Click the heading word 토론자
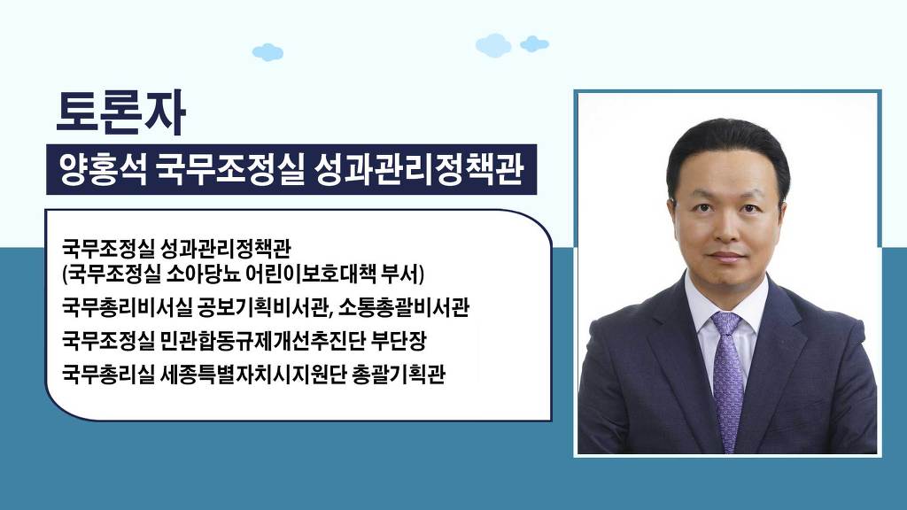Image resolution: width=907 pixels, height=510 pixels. (120, 112)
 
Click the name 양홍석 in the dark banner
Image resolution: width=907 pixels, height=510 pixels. (103, 169)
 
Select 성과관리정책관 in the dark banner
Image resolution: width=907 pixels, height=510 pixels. (418, 169)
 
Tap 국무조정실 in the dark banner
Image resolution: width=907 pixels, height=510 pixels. (229, 169)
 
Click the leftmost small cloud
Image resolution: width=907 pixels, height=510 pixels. (267, 52)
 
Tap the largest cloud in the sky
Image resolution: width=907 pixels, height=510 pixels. (493, 45)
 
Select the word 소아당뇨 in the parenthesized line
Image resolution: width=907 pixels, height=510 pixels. (203, 274)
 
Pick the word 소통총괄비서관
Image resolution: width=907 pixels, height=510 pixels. (403, 307)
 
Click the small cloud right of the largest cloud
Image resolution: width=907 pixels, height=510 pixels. (534, 44)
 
